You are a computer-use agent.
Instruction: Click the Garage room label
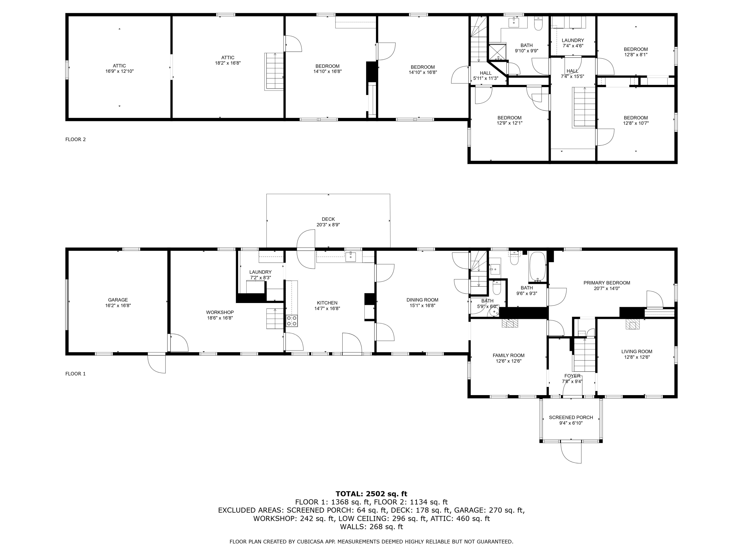coord(118,300)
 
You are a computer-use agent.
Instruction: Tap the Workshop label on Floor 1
coord(220,312)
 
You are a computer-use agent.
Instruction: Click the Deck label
coord(328,219)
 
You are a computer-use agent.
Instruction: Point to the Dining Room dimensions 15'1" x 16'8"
coord(422,305)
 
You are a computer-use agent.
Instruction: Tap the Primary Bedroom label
coord(607,283)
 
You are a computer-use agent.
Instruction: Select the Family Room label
coord(508,355)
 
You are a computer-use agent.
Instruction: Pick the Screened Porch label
coord(571,417)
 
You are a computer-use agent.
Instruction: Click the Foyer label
coord(572,376)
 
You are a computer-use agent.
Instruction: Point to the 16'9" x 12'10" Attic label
coord(120,69)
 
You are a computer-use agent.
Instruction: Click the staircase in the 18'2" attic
coord(274,71)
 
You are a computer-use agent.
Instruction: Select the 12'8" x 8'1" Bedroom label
coord(636,52)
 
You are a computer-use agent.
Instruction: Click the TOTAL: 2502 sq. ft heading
coord(371,494)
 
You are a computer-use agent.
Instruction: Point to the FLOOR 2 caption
coord(76,139)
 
